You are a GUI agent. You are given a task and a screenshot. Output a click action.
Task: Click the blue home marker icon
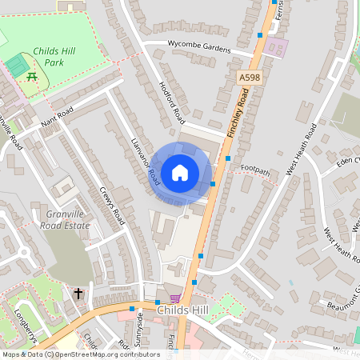point(180,173)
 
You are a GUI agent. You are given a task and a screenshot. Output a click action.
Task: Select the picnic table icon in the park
point(32,76)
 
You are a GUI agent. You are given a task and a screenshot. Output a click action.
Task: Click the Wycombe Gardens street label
point(198,46)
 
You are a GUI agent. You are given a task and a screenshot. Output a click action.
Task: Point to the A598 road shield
point(249,75)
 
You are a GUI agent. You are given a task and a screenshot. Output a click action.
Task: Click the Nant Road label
point(57,119)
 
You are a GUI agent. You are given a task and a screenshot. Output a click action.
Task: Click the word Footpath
point(256,170)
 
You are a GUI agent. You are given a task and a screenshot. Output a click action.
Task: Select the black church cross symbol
point(79,294)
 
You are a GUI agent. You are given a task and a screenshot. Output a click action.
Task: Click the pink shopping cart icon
point(175,298)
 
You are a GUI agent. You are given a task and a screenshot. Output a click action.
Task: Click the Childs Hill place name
point(184,310)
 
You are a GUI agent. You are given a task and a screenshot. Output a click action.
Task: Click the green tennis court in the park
point(16,64)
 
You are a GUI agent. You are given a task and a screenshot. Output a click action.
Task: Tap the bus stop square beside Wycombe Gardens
point(259,35)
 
